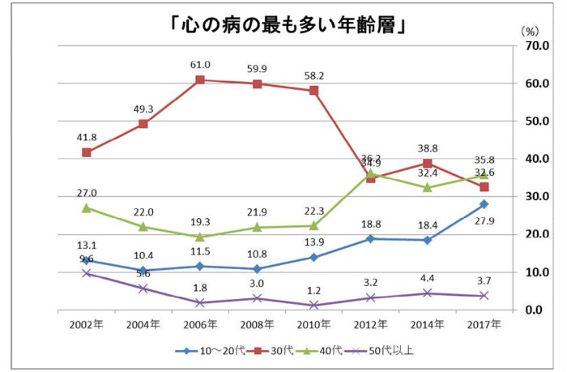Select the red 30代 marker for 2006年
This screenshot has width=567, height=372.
199,79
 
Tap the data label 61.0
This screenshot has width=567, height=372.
200,65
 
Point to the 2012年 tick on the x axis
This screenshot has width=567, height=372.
370,324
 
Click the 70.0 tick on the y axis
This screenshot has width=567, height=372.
537,46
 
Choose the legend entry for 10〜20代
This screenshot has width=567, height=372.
204,351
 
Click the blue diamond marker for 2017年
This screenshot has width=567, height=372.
484,204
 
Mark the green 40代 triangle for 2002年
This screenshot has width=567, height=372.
87,207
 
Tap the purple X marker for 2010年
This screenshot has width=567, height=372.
313,305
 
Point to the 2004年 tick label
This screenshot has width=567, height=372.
143,324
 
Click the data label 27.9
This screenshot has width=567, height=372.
484,220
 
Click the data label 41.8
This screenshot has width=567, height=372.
87,138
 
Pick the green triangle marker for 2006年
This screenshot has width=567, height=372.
199,237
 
